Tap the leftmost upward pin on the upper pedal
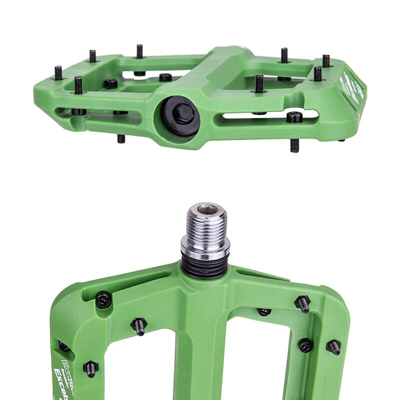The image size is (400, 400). (58, 73)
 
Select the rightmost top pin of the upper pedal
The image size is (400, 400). (326, 61)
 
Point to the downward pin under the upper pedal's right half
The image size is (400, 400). (294, 145)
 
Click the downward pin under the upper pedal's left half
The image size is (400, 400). (121, 138)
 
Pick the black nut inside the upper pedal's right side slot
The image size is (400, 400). (294, 117)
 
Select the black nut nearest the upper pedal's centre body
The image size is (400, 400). (165, 77)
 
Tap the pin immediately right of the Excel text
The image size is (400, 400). (90, 369)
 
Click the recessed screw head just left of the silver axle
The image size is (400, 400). (103, 299)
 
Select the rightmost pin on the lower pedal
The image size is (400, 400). (333, 346)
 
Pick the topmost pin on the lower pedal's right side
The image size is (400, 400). (302, 303)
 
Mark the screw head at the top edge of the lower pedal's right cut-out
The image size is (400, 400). (264, 312)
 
